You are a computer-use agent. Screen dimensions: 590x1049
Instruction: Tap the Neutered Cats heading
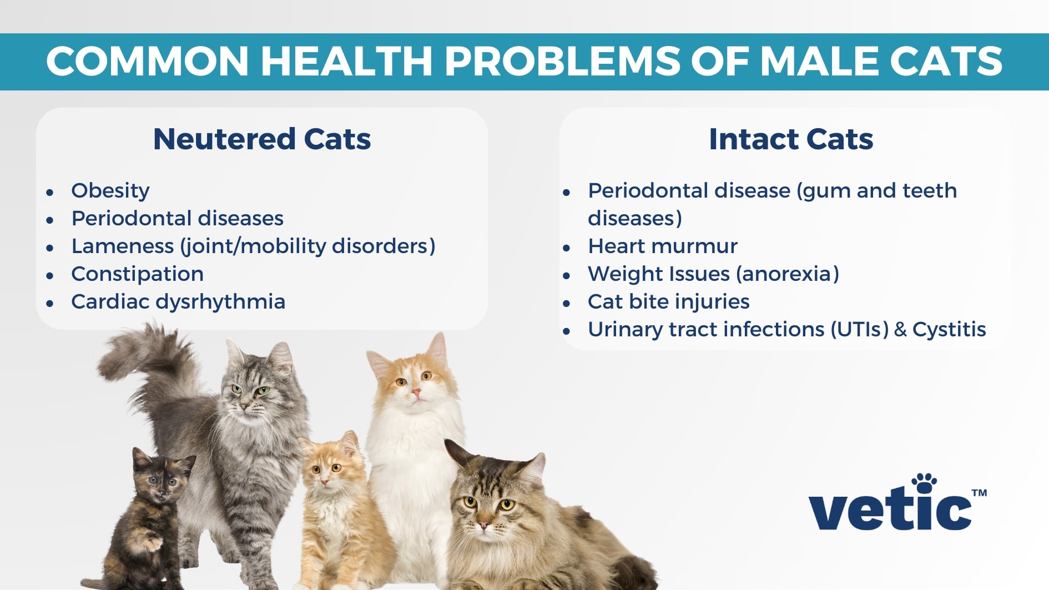click(x=261, y=139)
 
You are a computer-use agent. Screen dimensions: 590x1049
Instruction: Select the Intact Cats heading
click(x=790, y=139)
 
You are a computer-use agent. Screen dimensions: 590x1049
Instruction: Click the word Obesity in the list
click(x=110, y=190)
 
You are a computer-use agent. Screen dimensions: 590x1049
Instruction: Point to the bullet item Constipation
click(x=137, y=274)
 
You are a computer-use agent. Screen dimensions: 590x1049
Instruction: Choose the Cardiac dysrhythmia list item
click(x=178, y=301)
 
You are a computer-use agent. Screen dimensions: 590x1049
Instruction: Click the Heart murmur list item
click(x=662, y=246)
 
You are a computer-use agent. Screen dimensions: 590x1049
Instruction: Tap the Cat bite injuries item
click(x=668, y=301)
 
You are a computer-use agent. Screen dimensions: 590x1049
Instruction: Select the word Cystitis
click(x=949, y=329)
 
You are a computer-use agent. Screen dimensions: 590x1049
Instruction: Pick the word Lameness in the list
click(x=122, y=246)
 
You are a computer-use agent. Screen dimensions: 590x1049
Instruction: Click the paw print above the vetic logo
click(x=924, y=482)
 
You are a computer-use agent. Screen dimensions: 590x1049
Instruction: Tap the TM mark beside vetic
click(x=979, y=492)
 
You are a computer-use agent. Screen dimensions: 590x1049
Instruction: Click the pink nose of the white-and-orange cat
click(x=416, y=393)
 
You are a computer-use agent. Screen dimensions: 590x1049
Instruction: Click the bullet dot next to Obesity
click(x=50, y=193)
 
